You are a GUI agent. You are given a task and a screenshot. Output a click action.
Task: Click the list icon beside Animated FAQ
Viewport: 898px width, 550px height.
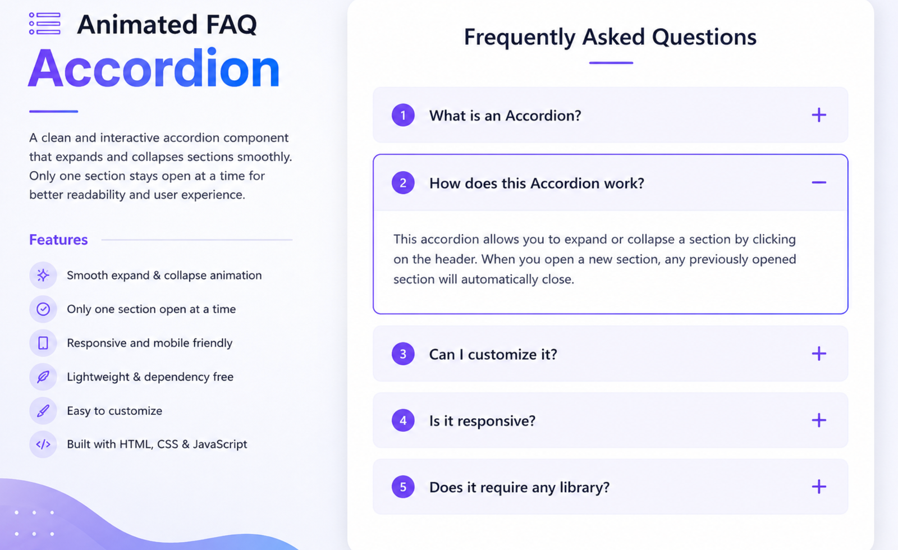[x=44, y=24]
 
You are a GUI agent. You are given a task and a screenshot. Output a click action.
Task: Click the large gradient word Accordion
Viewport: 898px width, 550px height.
[x=154, y=68]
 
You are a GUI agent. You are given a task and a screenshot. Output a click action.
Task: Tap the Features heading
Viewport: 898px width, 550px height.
[x=58, y=240]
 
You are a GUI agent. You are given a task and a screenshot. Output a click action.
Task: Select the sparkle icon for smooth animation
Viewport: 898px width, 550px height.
[x=43, y=276]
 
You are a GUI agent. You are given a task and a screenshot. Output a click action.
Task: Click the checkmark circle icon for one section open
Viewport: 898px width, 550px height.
[x=43, y=309]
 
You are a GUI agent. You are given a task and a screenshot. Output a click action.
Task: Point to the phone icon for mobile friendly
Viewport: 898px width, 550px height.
[x=43, y=343]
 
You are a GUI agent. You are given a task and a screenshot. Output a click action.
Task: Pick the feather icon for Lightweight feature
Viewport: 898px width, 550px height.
[x=43, y=377]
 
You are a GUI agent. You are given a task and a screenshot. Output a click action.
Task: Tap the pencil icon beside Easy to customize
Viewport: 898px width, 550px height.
[x=43, y=411]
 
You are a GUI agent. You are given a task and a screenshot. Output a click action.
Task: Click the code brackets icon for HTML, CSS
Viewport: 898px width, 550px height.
[x=43, y=444]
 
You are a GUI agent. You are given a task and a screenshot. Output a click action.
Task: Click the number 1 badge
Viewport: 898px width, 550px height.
[x=403, y=116]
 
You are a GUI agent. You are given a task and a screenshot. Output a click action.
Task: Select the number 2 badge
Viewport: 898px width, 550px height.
[x=403, y=183]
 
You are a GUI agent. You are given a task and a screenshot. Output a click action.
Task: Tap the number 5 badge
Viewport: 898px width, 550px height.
[x=403, y=487]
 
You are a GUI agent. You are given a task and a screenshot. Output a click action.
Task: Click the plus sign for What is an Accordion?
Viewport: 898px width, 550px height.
[x=819, y=115]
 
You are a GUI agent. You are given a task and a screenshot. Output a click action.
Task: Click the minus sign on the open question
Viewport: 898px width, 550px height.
[x=819, y=182]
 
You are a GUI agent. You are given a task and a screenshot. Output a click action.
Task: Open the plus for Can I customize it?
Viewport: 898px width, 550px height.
[x=819, y=354]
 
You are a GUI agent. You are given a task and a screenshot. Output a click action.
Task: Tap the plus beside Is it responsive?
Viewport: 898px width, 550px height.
[x=819, y=420]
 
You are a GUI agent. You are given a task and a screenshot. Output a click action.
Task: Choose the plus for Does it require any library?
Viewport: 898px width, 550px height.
[x=819, y=487]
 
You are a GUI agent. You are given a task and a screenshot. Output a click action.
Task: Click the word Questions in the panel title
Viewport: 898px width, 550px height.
[x=704, y=38]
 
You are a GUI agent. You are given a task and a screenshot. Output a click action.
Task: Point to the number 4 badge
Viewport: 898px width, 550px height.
[x=403, y=420]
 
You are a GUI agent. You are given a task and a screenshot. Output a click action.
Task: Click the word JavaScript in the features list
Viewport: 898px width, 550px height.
[x=220, y=444]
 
